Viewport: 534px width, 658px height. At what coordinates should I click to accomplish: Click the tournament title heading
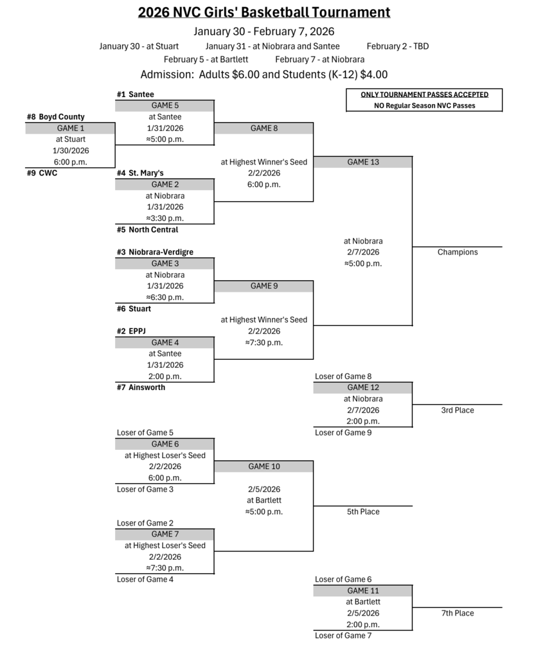[263, 12]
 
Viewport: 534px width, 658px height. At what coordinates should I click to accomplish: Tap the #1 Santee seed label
[135, 94]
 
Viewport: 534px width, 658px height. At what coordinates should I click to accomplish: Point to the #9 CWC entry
[42, 173]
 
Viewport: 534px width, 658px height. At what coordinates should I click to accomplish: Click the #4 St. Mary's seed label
[140, 173]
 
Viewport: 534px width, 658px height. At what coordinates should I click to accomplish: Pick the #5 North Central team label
[147, 229]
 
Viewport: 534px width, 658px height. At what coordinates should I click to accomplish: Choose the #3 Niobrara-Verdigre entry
[155, 252]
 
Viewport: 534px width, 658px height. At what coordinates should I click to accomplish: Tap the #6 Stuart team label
[134, 308]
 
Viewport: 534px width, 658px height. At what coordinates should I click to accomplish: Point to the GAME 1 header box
[71, 129]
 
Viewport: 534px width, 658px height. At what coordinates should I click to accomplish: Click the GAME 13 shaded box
[363, 162]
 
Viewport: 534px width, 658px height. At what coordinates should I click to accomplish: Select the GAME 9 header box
[264, 286]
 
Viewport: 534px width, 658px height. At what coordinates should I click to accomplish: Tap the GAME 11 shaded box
[363, 591]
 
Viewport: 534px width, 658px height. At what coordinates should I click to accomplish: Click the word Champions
[458, 252]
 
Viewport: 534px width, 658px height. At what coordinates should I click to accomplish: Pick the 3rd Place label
[458, 410]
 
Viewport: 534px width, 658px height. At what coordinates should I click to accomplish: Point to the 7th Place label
[458, 613]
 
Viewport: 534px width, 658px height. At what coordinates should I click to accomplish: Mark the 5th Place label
[363, 511]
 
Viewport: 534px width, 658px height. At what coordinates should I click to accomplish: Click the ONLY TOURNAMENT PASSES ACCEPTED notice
[424, 94]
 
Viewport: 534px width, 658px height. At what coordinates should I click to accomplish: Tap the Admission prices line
[263, 75]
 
